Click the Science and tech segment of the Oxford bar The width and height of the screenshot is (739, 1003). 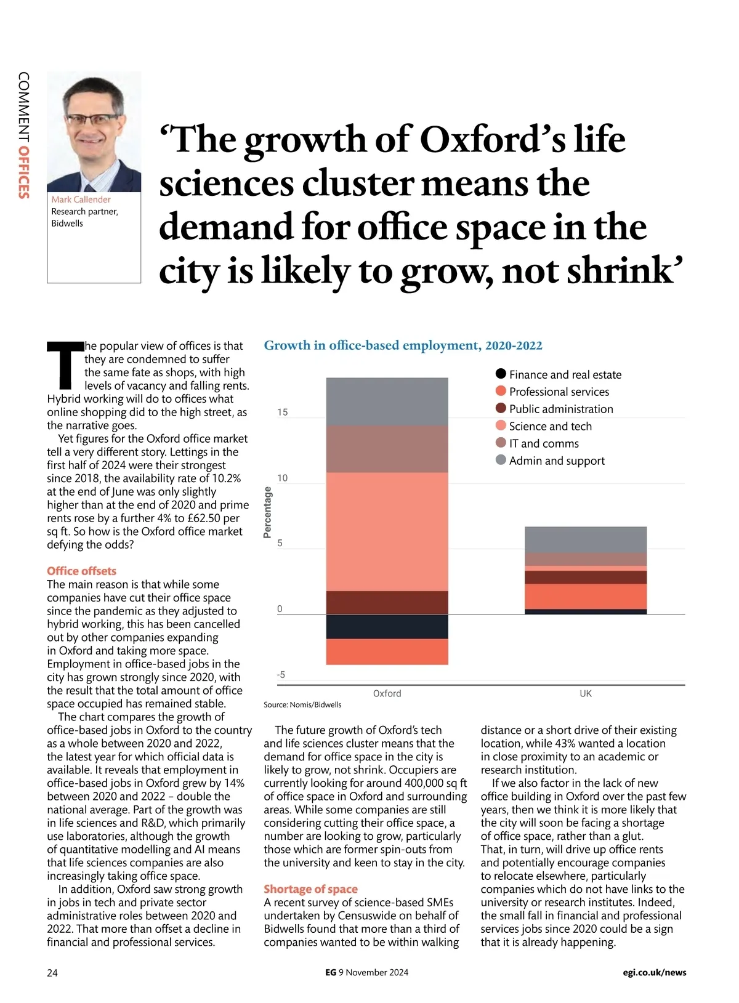(x=387, y=531)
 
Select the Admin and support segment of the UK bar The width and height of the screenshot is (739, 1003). (x=585, y=539)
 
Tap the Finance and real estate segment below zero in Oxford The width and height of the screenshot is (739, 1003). (x=387, y=627)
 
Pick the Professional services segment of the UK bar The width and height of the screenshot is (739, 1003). (x=585, y=596)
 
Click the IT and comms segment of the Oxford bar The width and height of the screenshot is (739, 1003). (x=387, y=449)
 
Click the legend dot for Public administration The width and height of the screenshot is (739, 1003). (x=501, y=408)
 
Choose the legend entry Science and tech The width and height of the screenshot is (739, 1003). (x=550, y=426)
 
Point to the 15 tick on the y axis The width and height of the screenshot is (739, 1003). (x=282, y=412)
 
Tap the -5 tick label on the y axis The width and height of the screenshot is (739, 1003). (x=280, y=675)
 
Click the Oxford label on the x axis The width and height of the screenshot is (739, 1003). (x=387, y=693)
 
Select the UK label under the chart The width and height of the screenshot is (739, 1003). (x=585, y=693)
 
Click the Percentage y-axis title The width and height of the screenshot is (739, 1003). (x=267, y=512)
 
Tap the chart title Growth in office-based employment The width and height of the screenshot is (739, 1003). (x=403, y=345)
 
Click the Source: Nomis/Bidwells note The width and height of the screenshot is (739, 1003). (x=302, y=704)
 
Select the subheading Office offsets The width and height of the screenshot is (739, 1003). (x=81, y=571)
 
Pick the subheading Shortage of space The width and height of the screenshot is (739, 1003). (x=310, y=888)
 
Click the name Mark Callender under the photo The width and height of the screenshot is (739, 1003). (x=81, y=199)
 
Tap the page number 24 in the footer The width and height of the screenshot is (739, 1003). (x=52, y=973)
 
